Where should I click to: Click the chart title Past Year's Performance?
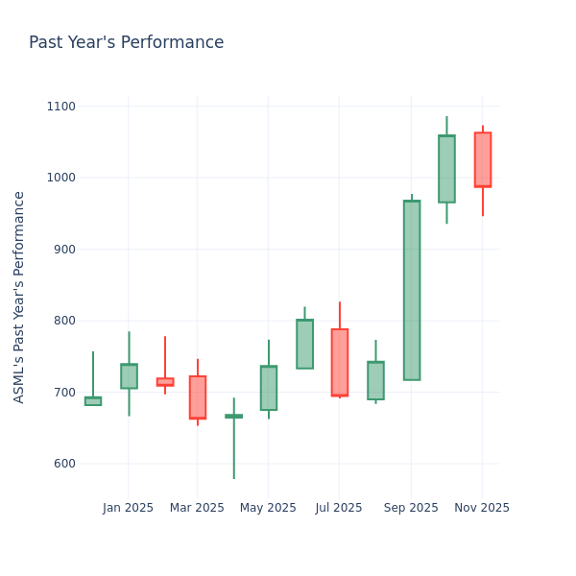coord(126,43)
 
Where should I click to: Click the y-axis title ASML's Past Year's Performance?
coord(19,297)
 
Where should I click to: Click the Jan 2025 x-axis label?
coord(129,508)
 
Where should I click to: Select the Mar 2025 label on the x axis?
coord(197,508)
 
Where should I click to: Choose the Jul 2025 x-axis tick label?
coord(339,508)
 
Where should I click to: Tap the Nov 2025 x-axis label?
coord(482,508)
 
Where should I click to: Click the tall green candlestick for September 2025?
coord(412,290)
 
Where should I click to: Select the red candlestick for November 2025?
coord(483,159)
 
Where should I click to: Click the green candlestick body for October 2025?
coord(446,169)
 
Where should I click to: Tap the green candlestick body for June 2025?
coord(304,344)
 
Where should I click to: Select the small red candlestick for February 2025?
coord(165,381)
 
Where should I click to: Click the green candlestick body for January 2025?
coord(129,376)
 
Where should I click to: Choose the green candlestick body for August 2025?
coord(375,380)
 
